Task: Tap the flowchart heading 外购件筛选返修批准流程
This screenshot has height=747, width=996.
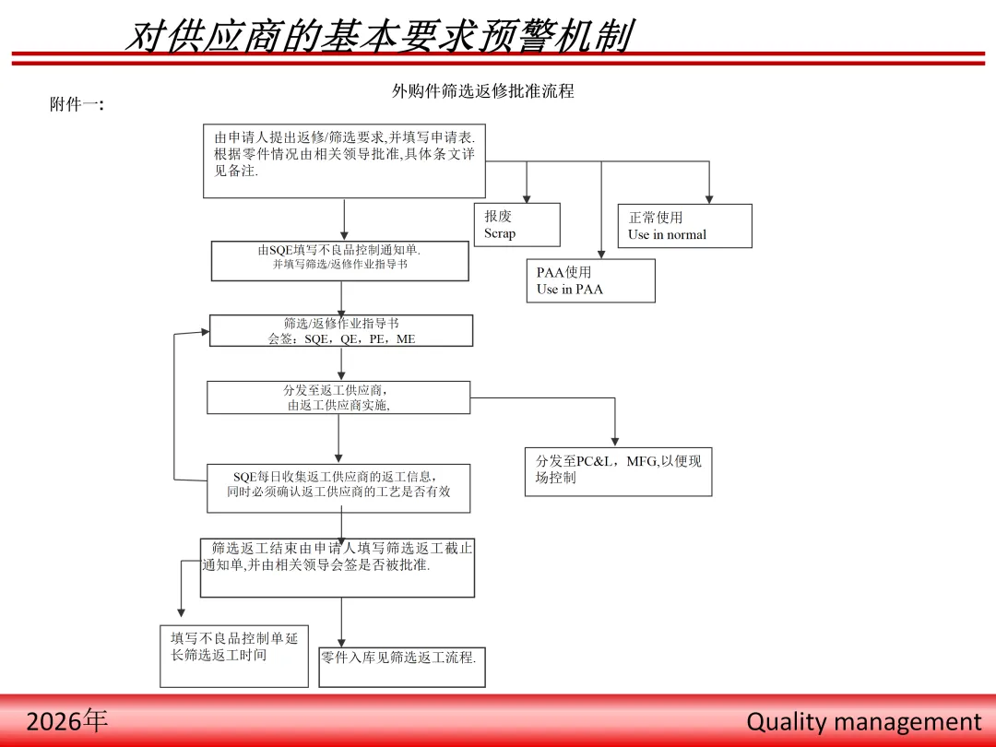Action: click(x=482, y=91)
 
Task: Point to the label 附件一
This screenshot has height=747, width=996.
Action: click(x=77, y=105)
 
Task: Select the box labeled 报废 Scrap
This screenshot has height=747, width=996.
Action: click(x=516, y=224)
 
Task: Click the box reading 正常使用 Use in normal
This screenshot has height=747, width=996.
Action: click(x=684, y=226)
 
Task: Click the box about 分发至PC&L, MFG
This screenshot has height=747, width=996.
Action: click(x=618, y=469)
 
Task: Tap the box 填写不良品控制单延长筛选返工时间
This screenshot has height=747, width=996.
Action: click(x=233, y=655)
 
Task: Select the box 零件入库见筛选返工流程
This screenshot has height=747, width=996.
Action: click(x=401, y=666)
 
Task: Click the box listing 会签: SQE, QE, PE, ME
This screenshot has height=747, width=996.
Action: click(x=341, y=330)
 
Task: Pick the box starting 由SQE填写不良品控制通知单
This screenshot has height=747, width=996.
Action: click(x=339, y=260)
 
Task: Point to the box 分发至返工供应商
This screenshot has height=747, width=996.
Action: click(x=338, y=397)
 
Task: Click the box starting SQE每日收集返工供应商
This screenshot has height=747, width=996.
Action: click(x=338, y=487)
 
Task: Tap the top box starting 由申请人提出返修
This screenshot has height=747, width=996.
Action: click(x=344, y=160)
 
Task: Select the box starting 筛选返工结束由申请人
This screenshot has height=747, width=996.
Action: click(x=338, y=567)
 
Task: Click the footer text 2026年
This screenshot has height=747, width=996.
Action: click(x=67, y=721)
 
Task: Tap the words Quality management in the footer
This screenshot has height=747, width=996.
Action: click(x=864, y=721)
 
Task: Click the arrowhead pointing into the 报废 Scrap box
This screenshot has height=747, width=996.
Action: click(x=527, y=197)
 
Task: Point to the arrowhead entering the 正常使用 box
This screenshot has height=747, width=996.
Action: click(x=709, y=198)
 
